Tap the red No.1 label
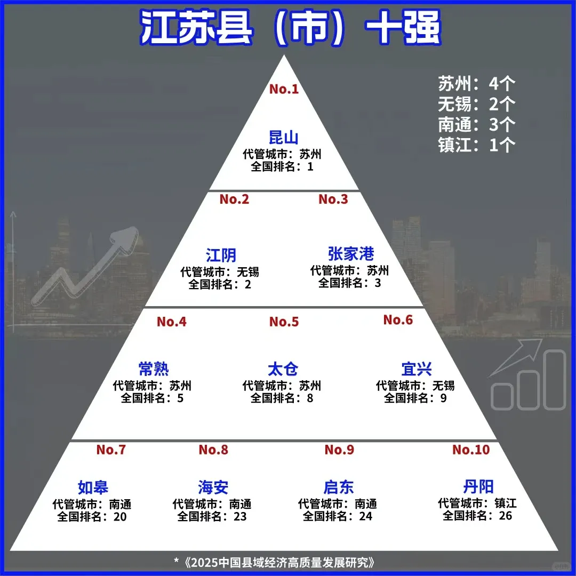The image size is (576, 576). [x=284, y=89]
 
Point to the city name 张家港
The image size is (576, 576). [x=351, y=253]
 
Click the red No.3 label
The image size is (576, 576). [x=333, y=199]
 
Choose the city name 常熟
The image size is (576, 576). [x=154, y=369]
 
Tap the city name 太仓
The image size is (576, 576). [x=283, y=369]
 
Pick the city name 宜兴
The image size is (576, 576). [x=417, y=369]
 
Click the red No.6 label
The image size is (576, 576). [x=398, y=320]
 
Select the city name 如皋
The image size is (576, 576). [x=93, y=487]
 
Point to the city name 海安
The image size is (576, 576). [x=213, y=487]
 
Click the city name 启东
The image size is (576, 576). [x=339, y=487]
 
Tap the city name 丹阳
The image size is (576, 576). [x=478, y=486]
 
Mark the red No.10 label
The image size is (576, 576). [x=471, y=450]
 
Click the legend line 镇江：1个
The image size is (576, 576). [x=477, y=145]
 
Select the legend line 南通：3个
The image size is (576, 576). [x=477, y=124]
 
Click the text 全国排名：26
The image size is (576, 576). [x=477, y=516]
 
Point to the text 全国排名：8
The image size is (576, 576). [x=282, y=398]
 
